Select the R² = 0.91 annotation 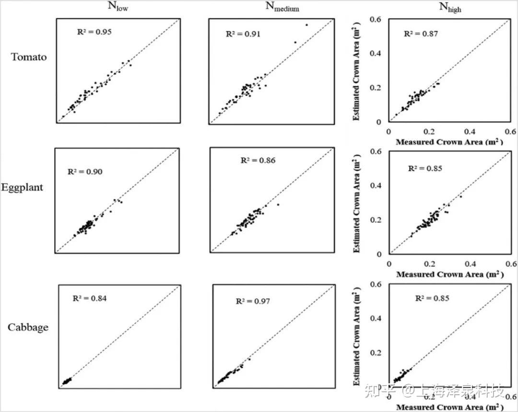point(243,34)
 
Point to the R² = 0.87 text point(421,34)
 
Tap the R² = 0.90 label point(85,171)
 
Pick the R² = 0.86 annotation point(258,160)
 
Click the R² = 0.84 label point(90,298)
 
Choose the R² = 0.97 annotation point(253,301)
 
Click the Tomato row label point(29,57)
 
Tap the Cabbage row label point(28,327)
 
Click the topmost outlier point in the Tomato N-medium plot point(306,25)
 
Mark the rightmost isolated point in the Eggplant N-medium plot point(278,205)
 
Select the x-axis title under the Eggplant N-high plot point(449,275)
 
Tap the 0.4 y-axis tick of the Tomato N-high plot point(377,53)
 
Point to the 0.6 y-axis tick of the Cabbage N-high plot point(377,284)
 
